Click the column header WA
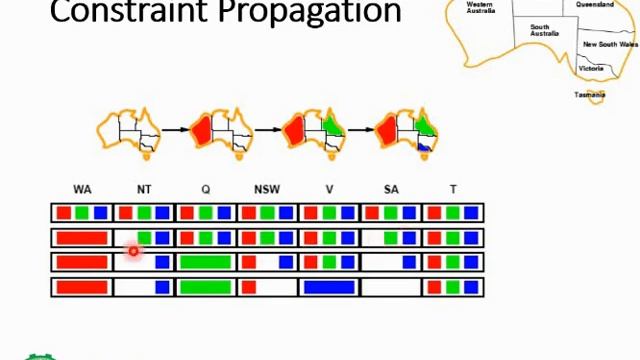click(82, 189)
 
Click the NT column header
click(144, 189)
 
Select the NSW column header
click(267, 189)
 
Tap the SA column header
click(391, 189)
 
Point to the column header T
click(453, 189)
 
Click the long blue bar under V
click(329, 287)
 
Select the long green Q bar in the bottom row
click(206, 287)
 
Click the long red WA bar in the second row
click(82, 238)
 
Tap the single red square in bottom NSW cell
click(249, 287)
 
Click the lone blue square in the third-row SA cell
click(409, 263)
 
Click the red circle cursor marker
click(133, 250)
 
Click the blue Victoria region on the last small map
click(424, 147)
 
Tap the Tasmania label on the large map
click(589, 95)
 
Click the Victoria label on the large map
click(591, 68)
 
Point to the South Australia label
click(544, 30)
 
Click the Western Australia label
click(480, 7)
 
